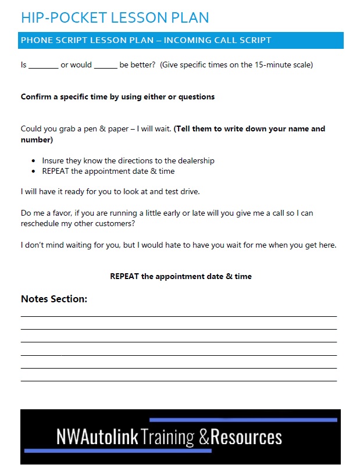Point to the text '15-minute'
(273, 65)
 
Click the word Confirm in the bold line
(37, 97)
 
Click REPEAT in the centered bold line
(124, 276)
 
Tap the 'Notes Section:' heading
(54, 299)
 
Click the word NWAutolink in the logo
(98, 437)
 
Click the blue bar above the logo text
(243, 419)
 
